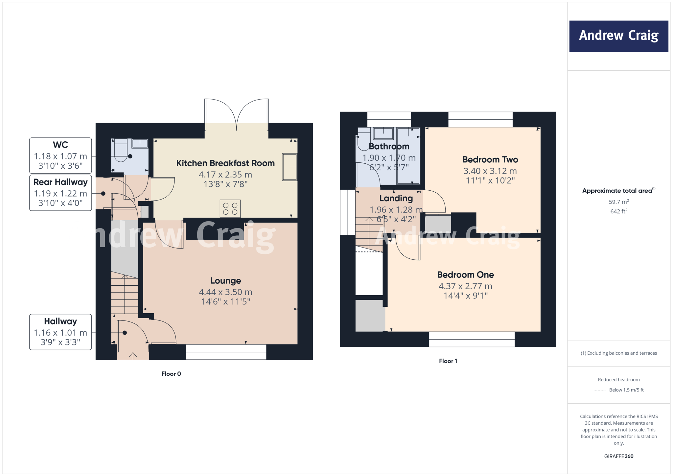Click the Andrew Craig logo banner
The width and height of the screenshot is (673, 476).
click(618, 36)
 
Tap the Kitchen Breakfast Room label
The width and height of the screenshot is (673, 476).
click(225, 163)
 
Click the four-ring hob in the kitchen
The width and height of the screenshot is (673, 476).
click(230, 209)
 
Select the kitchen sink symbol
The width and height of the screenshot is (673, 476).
click(290, 167)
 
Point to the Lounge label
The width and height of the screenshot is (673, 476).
click(225, 280)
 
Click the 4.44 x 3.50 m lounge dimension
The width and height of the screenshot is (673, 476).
click(225, 292)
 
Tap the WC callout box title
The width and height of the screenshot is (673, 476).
click(60, 145)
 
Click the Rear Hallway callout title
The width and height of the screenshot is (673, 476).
click(60, 182)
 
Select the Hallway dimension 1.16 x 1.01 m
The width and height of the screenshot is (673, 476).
click(60, 333)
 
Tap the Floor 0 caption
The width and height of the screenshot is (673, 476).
click(171, 374)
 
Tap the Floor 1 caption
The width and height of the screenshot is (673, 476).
click(448, 361)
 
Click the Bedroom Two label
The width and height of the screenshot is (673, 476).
click(490, 159)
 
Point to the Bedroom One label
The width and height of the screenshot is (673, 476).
click(465, 274)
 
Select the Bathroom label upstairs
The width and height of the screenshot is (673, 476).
click(389, 146)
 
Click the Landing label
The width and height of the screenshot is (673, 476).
click(396, 198)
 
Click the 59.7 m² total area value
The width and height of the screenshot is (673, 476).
click(618, 202)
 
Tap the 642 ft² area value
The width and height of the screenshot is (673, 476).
click(618, 211)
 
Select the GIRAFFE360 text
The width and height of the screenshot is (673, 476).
click(618, 456)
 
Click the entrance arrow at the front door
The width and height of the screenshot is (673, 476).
click(133, 355)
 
